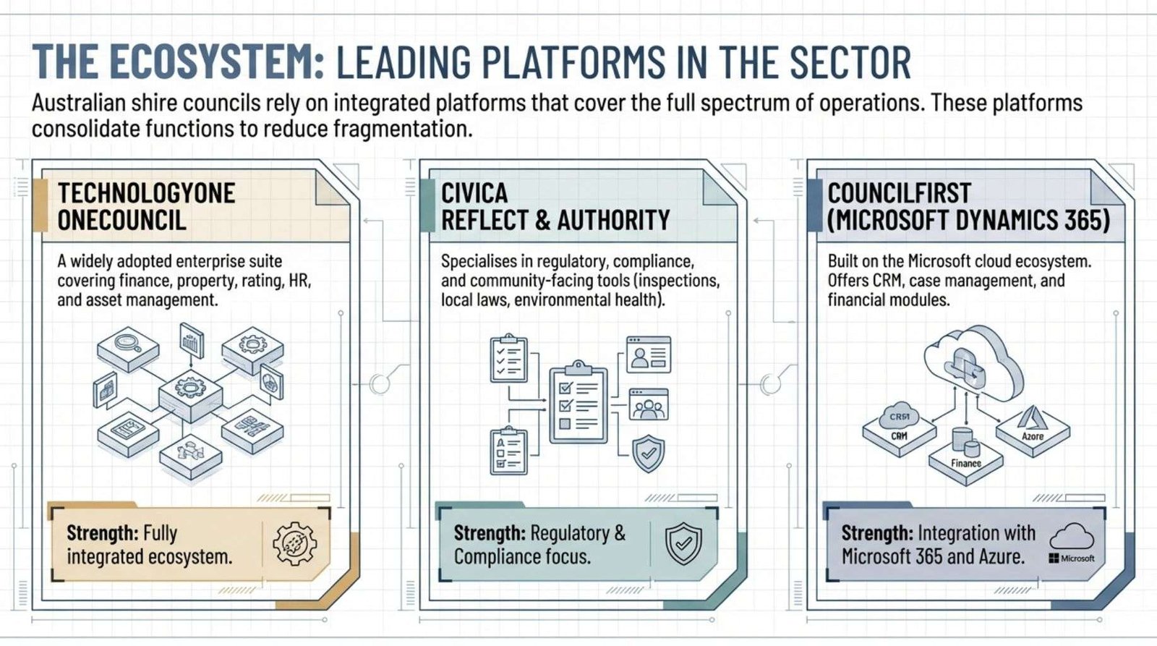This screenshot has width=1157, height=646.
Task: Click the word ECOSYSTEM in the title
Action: point(217,62)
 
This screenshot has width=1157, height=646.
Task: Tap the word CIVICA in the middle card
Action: point(474,193)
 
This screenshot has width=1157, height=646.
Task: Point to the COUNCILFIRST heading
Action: point(899,193)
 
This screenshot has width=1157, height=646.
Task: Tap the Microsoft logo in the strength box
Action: point(1072,558)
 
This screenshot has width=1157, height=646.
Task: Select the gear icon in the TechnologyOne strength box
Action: point(294,543)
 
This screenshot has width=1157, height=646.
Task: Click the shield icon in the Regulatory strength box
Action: point(683,543)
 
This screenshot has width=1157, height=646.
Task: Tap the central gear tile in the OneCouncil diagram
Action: point(190,391)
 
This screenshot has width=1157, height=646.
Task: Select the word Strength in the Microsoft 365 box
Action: point(876,533)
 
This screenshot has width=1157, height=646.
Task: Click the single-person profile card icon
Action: point(648,354)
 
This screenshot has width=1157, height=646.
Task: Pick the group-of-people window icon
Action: point(649,405)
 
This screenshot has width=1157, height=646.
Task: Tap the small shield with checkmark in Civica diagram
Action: point(648,454)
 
